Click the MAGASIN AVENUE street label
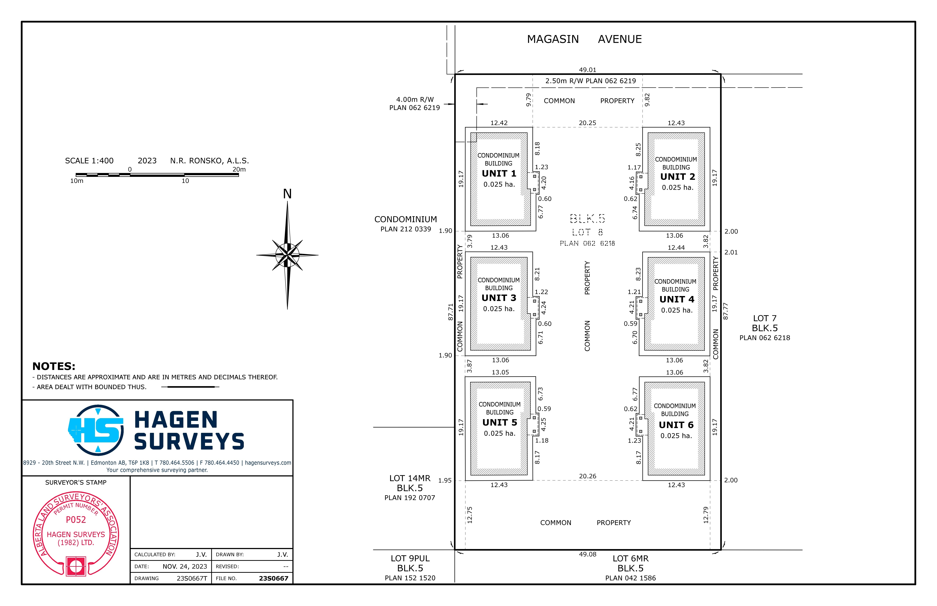click(584, 39)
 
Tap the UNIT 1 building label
click(499, 174)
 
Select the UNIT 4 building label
click(677, 300)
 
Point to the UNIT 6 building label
click(676, 425)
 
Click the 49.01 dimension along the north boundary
click(587, 70)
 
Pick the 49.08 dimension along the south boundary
click(587, 554)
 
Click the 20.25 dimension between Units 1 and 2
click(587, 123)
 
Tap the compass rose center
click(287, 255)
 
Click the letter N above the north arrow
click(287, 194)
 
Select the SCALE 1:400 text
click(89, 160)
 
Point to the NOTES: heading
click(54, 366)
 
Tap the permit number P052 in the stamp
click(76, 520)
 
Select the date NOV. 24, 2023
click(185, 566)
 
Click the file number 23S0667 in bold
click(274, 578)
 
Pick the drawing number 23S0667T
click(192, 578)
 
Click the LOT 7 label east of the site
click(764, 318)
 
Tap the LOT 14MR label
click(410, 478)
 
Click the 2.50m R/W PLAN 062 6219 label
click(590, 81)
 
